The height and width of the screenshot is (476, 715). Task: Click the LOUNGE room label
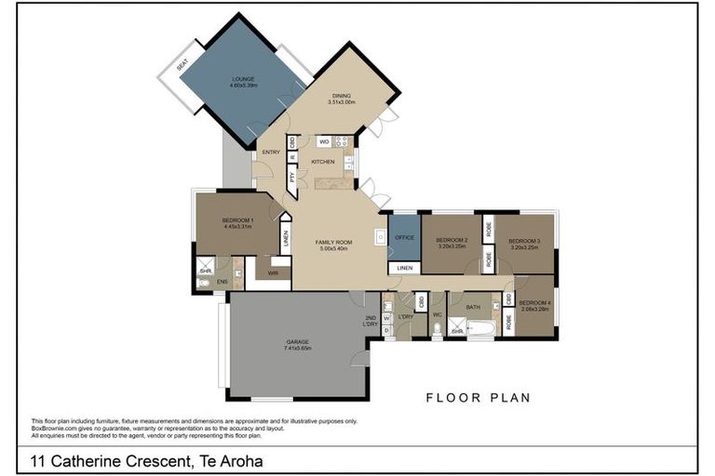coord(242,80)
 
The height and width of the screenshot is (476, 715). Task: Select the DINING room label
coord(344,95)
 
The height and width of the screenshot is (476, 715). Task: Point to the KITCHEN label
coord(322,162)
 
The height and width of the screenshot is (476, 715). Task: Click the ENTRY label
coord(271,152)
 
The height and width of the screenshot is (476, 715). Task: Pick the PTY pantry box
coord(291,179)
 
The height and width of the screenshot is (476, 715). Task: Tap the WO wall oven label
coord(324,141)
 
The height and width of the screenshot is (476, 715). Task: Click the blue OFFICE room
coord(404,238)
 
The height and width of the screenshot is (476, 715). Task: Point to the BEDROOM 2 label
coord(452,240)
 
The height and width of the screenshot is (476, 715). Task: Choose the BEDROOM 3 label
coord(524,240)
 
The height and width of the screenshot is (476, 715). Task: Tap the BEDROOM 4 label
coord(534,303)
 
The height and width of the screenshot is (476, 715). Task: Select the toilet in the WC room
coord(436,328)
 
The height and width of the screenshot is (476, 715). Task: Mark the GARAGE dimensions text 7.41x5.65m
coord(298,349)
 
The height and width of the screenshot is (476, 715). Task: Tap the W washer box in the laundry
coord(385,318)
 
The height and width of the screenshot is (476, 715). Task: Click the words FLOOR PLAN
coord(478,398)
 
